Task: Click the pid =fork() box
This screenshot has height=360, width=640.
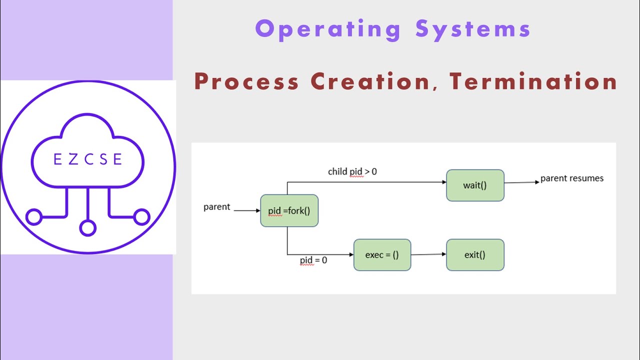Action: pyautogui.click(x=289, y=210)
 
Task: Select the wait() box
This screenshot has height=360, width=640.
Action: pyautogui.click(x=475, y=185)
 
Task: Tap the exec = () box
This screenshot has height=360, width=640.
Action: pyautogui.click(x=382, y=255)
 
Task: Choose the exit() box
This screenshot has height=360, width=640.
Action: pyautogui.click(x=475, y=255)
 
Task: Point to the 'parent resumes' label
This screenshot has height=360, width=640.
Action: pyautogui.click(x=571, y=178)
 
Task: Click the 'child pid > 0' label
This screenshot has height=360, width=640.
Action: pyautogui.click(x=352, y=171)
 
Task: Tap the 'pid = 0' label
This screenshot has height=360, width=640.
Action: pyautogui.click(x=313, y=260)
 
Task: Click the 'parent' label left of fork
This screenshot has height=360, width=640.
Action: pyautogui.click(x=216, y=207)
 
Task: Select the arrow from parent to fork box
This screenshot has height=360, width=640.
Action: pyautogui.click(x=247, y=210)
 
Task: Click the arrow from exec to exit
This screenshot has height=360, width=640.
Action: pyautogui.click(x=428, y=254)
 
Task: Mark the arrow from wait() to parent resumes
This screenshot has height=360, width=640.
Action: pyautogui.click(x=522, y=182)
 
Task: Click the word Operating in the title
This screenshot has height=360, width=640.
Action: pyautogui.click(x=328, y=29)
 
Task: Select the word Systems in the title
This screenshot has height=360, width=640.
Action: pyautogui.click(x=473, y=29)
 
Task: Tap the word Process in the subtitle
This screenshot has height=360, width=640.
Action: pyautogui.click(x=246, y=81)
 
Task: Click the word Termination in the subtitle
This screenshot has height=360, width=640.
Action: pyautogui.click(x=533, y=81)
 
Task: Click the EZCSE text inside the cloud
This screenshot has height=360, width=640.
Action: pyautogui.click(x=88, y=159)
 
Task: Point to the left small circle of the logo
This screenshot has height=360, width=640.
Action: pyautogui.click(x=33, y=217)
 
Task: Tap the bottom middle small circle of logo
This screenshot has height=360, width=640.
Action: pyautogui.click(x=87, y=228)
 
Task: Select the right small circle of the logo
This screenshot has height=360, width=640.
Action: pyautogui.click(x=142, y=217)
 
